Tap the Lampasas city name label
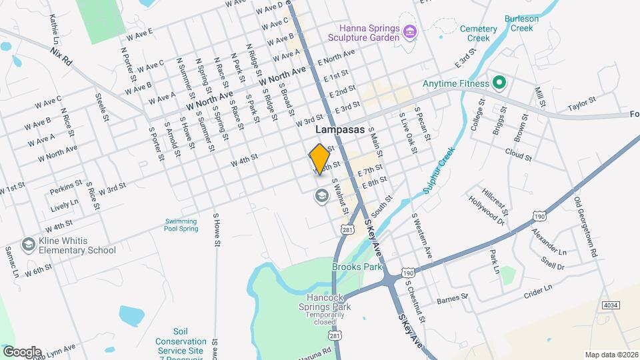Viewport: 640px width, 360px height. (x=340, y=130)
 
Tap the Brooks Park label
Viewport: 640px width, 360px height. (x=357, y=267)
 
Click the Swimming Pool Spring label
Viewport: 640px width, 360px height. (x=181, y=225)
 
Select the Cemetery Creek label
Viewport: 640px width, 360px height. (x=479, y=33)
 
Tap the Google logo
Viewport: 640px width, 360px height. (x=22, y=351)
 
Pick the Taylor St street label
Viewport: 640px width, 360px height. (x=581, y=107)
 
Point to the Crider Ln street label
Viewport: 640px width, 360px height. (x=539, y=291)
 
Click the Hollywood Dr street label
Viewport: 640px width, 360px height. (x=485, y=208)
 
